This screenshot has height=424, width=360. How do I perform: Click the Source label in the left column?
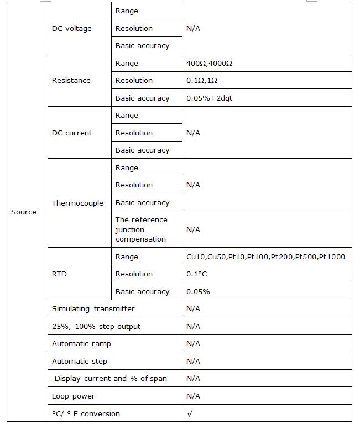pos(24,212)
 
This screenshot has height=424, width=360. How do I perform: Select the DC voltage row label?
pos(72,28)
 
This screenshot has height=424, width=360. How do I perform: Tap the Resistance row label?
pos(71,81)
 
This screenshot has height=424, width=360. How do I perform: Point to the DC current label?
pos(72,133)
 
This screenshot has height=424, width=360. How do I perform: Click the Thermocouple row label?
pos(77,203)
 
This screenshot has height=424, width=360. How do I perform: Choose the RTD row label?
pos(59,274)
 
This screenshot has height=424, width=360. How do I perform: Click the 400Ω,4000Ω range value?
pos(210,64)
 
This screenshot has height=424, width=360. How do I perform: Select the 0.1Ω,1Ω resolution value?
pos(202,81)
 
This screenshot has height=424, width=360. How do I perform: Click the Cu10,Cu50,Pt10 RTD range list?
pos(265,257)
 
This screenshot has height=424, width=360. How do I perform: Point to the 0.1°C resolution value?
pos(197,274)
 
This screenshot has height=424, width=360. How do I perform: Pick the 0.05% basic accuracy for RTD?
pos(198,292)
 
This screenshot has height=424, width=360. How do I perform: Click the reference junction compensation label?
pos(141,229)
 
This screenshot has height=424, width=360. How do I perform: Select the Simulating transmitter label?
pos(93,309)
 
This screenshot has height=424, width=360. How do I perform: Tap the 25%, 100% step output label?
pos(96,327)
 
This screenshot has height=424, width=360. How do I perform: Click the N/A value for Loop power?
pos(193,396)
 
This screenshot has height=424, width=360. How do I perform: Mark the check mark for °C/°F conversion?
pos(190,413)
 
